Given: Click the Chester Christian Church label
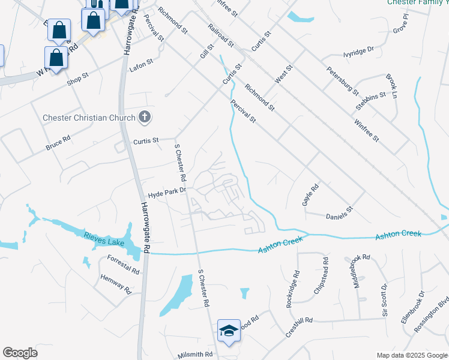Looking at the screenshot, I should tap(89, 118).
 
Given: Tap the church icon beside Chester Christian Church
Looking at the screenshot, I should tap(144, 117).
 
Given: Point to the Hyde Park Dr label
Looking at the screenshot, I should tap(167, 193).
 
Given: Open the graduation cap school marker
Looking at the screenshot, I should tap(229, 331).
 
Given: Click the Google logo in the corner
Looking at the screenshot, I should tap(20, 353).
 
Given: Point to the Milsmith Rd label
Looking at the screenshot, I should tap(195, 355).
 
